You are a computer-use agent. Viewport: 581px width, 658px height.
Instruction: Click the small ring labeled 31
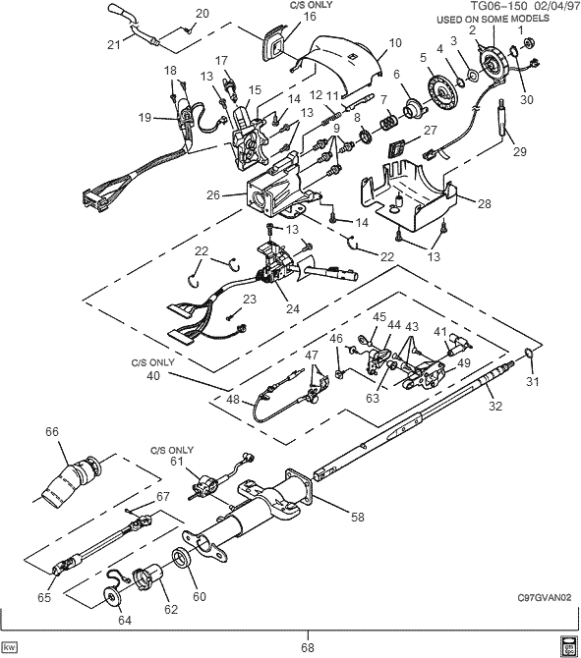528,354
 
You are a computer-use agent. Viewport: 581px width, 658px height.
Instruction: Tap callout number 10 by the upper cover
396,43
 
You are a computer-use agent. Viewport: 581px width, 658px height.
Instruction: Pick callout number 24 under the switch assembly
291,306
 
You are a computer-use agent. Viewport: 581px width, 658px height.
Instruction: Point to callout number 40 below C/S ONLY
153,374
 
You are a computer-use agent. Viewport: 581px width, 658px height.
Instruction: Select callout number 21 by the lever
113,43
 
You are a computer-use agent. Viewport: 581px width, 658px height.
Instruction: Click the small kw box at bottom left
11,647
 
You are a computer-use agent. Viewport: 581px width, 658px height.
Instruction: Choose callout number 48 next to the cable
232,400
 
